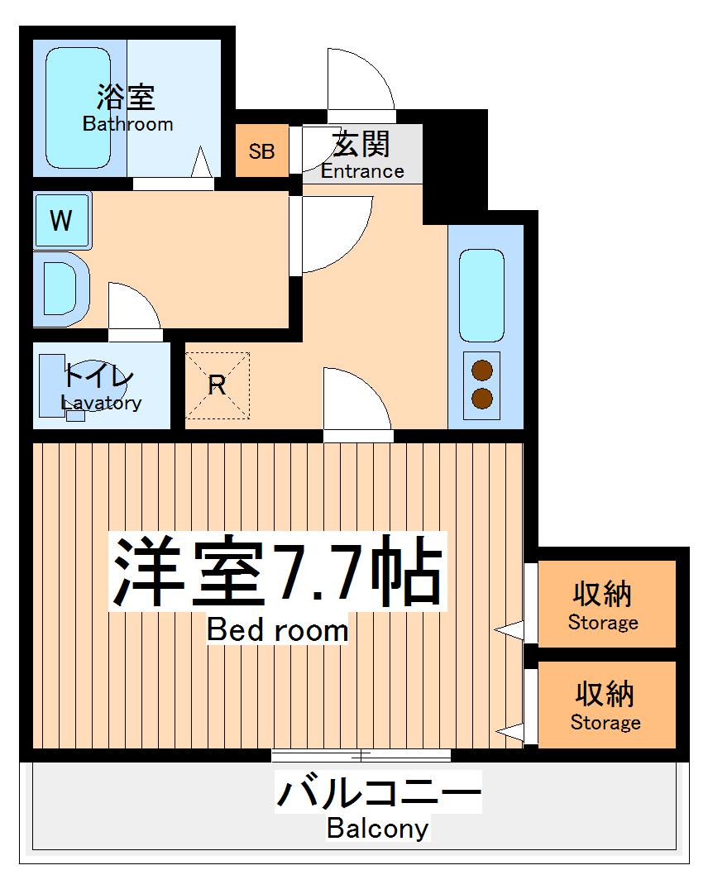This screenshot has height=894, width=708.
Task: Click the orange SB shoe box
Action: pos(262,151)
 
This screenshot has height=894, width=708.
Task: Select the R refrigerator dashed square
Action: pos(217,385)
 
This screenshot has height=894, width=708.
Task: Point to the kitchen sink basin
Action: pos(481,295)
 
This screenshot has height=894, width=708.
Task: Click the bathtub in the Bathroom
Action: pos(78,108)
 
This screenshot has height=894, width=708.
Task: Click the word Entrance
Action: pos(362,171)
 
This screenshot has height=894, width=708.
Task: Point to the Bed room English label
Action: pos(277,630)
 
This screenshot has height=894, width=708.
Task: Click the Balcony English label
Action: pos(377,828)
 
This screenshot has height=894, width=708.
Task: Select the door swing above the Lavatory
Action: pos(132,310)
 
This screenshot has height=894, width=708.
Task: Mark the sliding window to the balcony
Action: pos(361,754)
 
